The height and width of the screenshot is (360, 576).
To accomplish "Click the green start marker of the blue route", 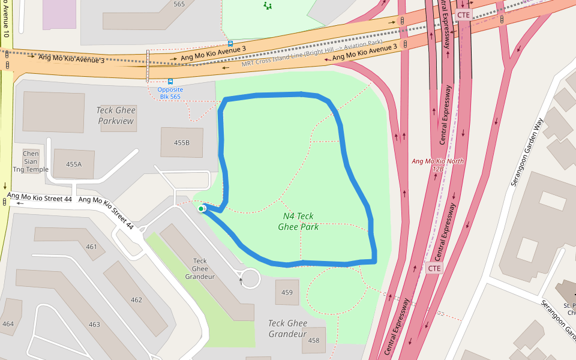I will (201, 209).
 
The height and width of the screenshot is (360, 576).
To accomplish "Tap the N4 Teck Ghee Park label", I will (298, 221).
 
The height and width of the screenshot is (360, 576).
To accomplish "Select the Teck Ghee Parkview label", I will (116, 116).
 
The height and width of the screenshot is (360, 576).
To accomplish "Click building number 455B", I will (182, 143).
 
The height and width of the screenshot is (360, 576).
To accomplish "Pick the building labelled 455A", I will (74, 164).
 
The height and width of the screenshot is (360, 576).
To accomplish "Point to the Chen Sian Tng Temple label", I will (31, 161).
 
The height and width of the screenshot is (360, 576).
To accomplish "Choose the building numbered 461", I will (91, 247).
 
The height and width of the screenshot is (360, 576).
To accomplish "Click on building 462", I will (136, 299).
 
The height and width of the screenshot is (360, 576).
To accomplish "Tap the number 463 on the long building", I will (94, 324).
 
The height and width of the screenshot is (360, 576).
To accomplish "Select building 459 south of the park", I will (287, 293).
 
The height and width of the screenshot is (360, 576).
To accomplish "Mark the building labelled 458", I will (314, 340).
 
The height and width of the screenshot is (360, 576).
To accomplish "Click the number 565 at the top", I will (179, 4).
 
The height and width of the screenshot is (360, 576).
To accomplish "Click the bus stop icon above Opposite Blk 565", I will (170, 81).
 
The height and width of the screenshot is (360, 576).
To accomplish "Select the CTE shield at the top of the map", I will (464, 15).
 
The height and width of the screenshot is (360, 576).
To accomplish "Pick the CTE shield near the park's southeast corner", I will (434, 268).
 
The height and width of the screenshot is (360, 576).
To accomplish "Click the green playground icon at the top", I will (268, 5).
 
